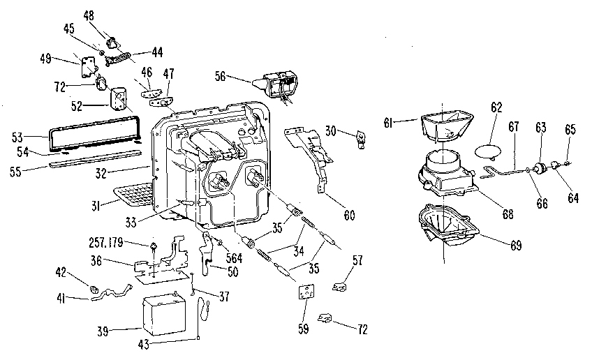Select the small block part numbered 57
click(340, 285)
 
